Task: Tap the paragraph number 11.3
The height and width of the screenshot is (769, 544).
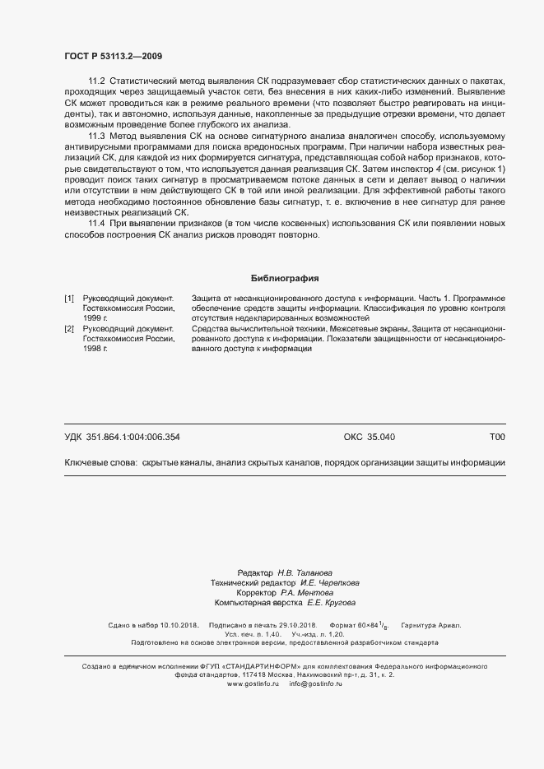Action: tap(96, 135)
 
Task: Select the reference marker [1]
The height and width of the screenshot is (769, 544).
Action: tap(69, 297)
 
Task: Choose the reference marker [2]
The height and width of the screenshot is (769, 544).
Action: tap(69, 328)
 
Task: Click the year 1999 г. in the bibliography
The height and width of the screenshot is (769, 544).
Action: tap(95, 317)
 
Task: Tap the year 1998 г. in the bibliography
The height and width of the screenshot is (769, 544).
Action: tap(95, 349)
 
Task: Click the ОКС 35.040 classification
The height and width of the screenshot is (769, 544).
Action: tap(369, 438)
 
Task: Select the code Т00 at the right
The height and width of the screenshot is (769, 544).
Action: tap(497, 438)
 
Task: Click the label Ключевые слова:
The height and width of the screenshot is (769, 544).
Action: tap(100, 463)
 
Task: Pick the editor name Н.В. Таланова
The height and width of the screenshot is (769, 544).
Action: tap(305, 572)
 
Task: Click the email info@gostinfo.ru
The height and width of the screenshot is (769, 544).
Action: tap(315, 683)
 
